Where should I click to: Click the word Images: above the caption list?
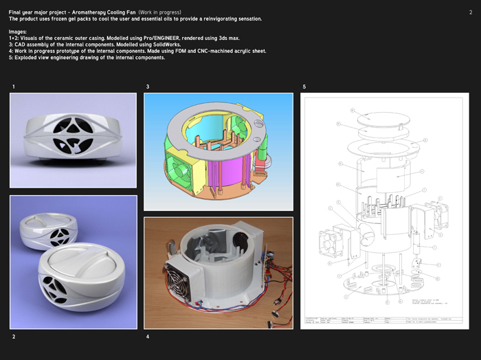(x=18, y=32)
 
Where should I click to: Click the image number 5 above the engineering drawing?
(x=304, y=87)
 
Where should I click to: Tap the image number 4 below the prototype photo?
(x=148, y=337)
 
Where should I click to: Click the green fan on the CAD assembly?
(x=179, y=169)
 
